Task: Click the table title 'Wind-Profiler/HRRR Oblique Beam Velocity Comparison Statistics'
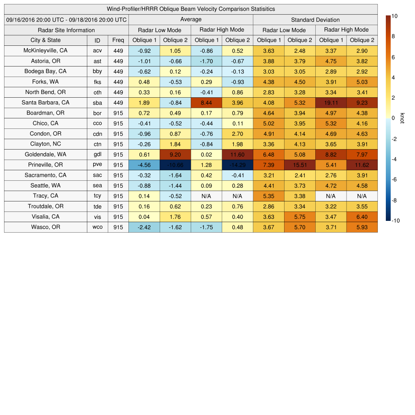coord(191,9)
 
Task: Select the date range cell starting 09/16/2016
coord(66,19)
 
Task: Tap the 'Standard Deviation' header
coord(315,19)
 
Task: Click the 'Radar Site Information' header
coord(66,30)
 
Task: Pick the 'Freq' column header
coord(118,40)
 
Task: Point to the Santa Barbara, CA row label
coord(45,103)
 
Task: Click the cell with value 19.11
coord(331,103)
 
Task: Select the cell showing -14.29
coord(237,165)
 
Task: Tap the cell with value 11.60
coord(237,154)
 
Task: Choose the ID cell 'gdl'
coord(97,154)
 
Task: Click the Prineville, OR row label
coord(45,165)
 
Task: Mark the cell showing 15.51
coord(300,165)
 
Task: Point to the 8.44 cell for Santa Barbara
coord(206,103)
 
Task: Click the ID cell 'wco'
coord(97,227)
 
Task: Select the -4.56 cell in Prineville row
coord(144,165)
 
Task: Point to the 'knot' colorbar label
coord(402,118)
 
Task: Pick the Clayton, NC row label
coord(45,144)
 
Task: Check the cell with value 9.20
coord(175,154)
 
